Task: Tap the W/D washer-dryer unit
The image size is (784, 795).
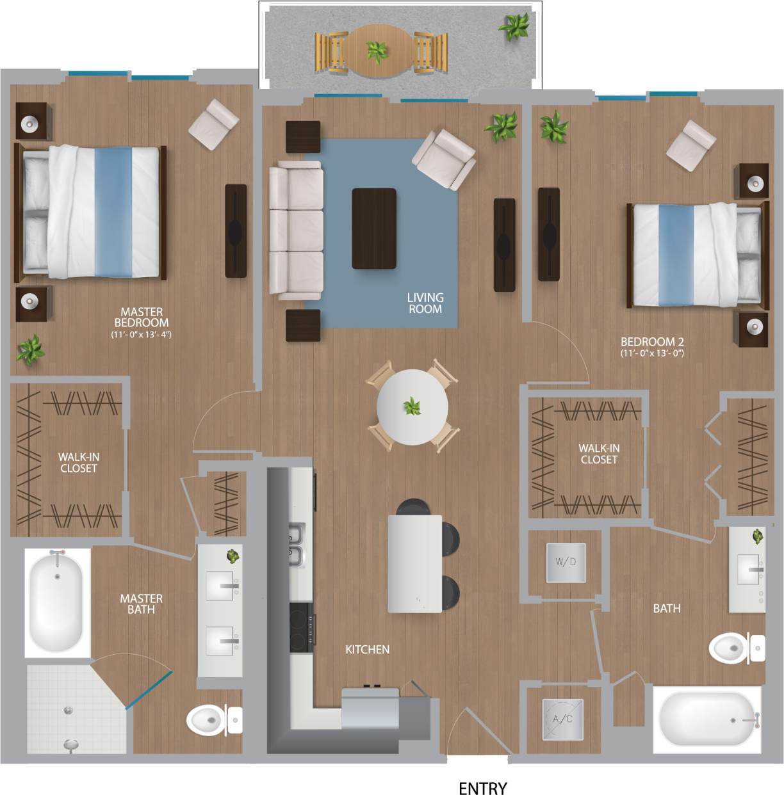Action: pos(566,563)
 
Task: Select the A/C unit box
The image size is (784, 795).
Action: pos(562,719)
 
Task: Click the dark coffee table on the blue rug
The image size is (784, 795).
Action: pos(374,229)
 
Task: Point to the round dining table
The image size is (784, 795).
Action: pos(412,406)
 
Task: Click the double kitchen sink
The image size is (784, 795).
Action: pos(297,545)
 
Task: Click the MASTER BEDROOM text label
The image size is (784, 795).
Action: pos(141,317)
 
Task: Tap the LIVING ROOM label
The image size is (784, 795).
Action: pos(425,303)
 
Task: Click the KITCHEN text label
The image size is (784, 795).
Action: pos(367,649)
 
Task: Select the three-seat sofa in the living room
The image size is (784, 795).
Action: pos(295,230)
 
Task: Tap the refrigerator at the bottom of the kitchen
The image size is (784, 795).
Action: pos(370,709)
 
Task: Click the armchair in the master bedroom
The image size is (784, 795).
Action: pos(214,124)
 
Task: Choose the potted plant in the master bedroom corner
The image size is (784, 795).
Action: pos(29,349)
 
